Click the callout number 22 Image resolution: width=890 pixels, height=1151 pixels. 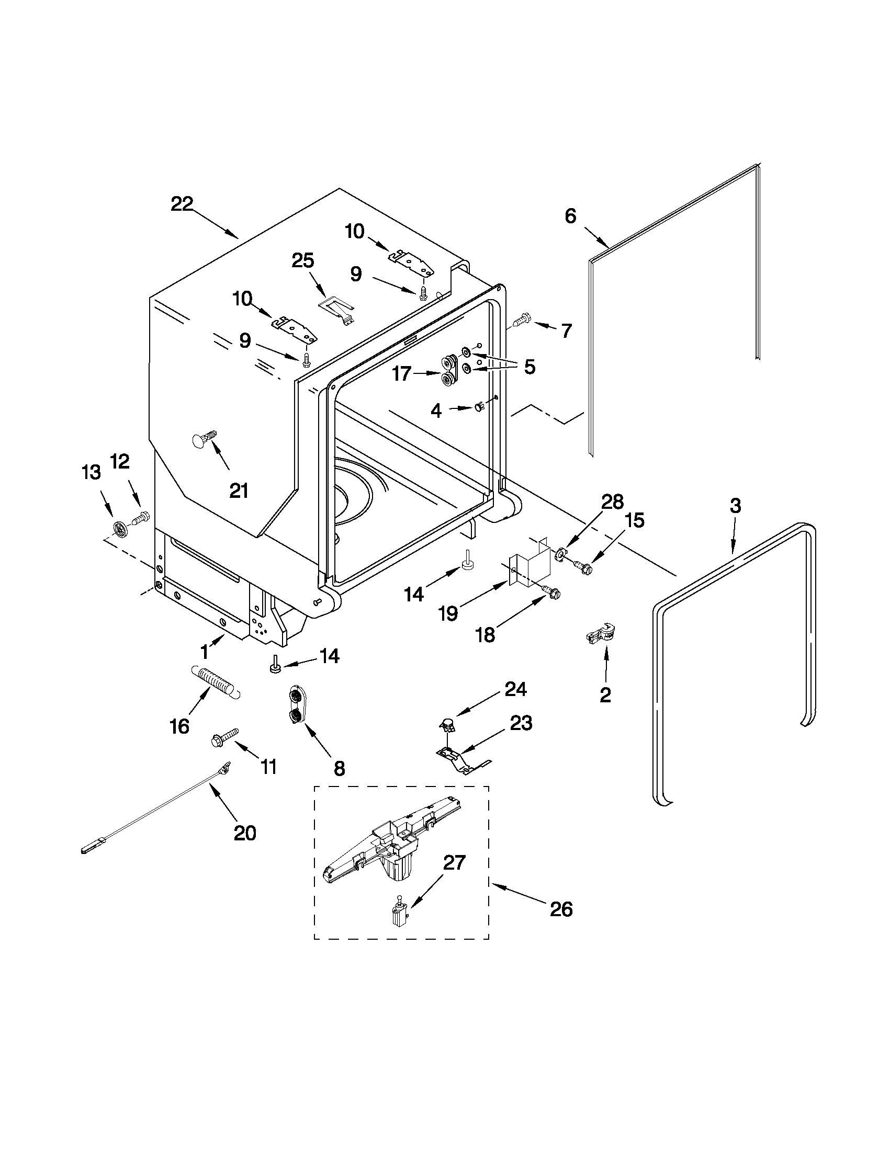click(182, 204)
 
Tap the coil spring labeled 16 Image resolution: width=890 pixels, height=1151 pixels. click(215, 680)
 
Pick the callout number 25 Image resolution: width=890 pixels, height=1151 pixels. click(303, 260)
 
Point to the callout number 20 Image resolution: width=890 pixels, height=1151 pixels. click(245, 833)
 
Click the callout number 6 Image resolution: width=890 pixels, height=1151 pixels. click(570, 216)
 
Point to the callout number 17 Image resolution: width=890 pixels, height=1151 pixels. click(401, 374)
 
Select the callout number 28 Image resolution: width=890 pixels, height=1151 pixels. click(613, 502)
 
